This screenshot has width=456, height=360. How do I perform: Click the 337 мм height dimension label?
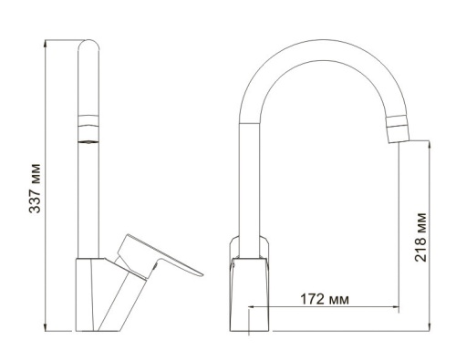(x=36, y=187)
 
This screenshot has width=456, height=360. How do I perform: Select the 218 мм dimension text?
(x=420, y=236)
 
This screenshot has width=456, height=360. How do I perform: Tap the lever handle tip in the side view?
(x=199, y=271)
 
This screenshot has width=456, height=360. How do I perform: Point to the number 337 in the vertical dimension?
(x=36, y=202)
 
